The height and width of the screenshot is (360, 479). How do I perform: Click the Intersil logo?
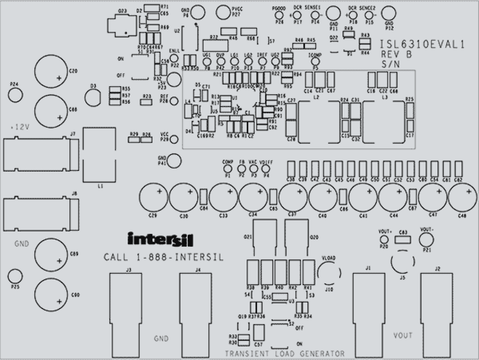[161, 239]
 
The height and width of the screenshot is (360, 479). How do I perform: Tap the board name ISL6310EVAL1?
[423, 44]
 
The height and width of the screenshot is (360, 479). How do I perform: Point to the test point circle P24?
[15, 95]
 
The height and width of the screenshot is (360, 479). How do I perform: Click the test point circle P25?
[15, 276]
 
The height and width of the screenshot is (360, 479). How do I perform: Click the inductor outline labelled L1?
[99, 155]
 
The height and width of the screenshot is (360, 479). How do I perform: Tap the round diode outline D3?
[93, 98]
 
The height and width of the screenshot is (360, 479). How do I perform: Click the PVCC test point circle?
[223, 13]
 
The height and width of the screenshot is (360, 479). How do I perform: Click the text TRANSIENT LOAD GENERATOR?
[285, 354]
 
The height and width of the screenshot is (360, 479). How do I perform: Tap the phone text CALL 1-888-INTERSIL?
[164, 257]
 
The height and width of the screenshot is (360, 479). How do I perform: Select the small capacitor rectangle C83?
[403, 240]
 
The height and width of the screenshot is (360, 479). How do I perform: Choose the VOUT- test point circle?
[427, 240]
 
